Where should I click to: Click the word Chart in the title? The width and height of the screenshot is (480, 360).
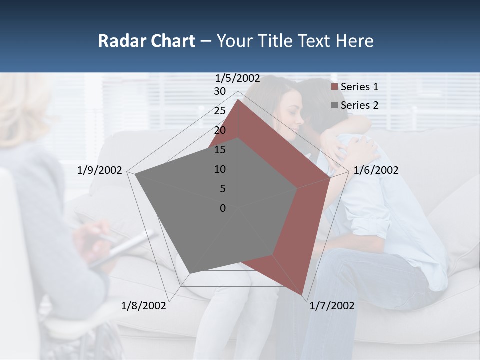point(171,41)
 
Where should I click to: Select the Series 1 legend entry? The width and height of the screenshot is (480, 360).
point(359,87)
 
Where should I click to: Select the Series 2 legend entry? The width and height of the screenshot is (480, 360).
point(359,105)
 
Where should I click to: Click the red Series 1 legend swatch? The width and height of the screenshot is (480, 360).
point(335,87)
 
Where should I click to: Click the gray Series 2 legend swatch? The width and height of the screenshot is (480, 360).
point(335,106)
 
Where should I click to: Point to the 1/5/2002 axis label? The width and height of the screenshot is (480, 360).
point(238,78)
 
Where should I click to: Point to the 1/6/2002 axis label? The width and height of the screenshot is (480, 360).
point(376,170)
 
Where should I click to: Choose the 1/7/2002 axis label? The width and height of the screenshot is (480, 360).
point(332,306)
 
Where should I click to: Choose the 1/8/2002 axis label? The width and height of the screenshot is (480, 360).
point(144,306)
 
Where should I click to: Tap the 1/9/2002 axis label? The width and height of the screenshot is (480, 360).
point(100,170)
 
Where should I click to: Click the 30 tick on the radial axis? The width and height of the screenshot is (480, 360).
point(220,91)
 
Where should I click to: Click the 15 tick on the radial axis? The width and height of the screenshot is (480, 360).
point(220,150)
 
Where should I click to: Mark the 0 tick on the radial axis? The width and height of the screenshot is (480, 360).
point(223,208)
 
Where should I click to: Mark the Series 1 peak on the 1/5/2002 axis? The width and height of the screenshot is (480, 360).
point(238,99)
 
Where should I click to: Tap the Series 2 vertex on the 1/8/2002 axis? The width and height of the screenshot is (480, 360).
point(190,273)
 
